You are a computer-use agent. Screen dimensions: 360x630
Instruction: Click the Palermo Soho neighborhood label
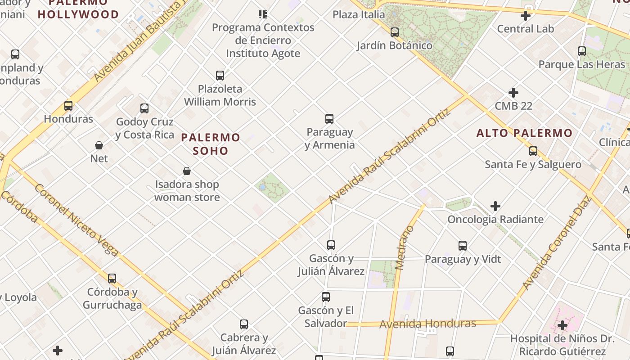click(x=211, y=144)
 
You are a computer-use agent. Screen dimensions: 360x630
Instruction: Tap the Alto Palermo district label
click(x=524, y=133)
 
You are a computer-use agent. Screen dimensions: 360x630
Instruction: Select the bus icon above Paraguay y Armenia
click(x=329, y=119)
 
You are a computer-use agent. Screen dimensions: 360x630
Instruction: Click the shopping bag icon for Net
click(x=99, y=145)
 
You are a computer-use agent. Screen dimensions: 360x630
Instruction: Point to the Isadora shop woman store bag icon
click(x=187, y=171)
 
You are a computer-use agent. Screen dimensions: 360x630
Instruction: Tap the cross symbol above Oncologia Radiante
click(x=495, y=206)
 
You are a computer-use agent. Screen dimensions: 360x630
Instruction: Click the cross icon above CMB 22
click(x=513, y=93)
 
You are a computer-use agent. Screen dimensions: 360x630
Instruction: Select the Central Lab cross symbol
click(x=525, y=16)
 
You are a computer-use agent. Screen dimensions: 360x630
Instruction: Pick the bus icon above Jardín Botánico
click(x=395, y=32)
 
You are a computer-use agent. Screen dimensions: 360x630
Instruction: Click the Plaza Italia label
click(x=359, y=14)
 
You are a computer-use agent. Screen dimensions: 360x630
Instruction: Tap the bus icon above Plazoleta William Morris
click(x=220, y=76)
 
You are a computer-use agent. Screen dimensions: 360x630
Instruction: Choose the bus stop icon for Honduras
click(x=68, y=106)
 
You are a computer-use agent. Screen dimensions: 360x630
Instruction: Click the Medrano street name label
click(x=404, y=247)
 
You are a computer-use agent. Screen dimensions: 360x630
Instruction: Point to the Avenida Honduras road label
click(x=427, y=324)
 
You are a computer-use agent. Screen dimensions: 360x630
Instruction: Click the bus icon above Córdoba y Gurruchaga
click(x=112, y=279)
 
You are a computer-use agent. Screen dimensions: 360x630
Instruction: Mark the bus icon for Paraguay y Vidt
click(x=463, y=246)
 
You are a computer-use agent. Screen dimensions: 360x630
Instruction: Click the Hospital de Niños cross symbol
click(x=562, y=325)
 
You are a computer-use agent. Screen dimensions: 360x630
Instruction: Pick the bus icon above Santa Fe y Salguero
click(x=533, y=151)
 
